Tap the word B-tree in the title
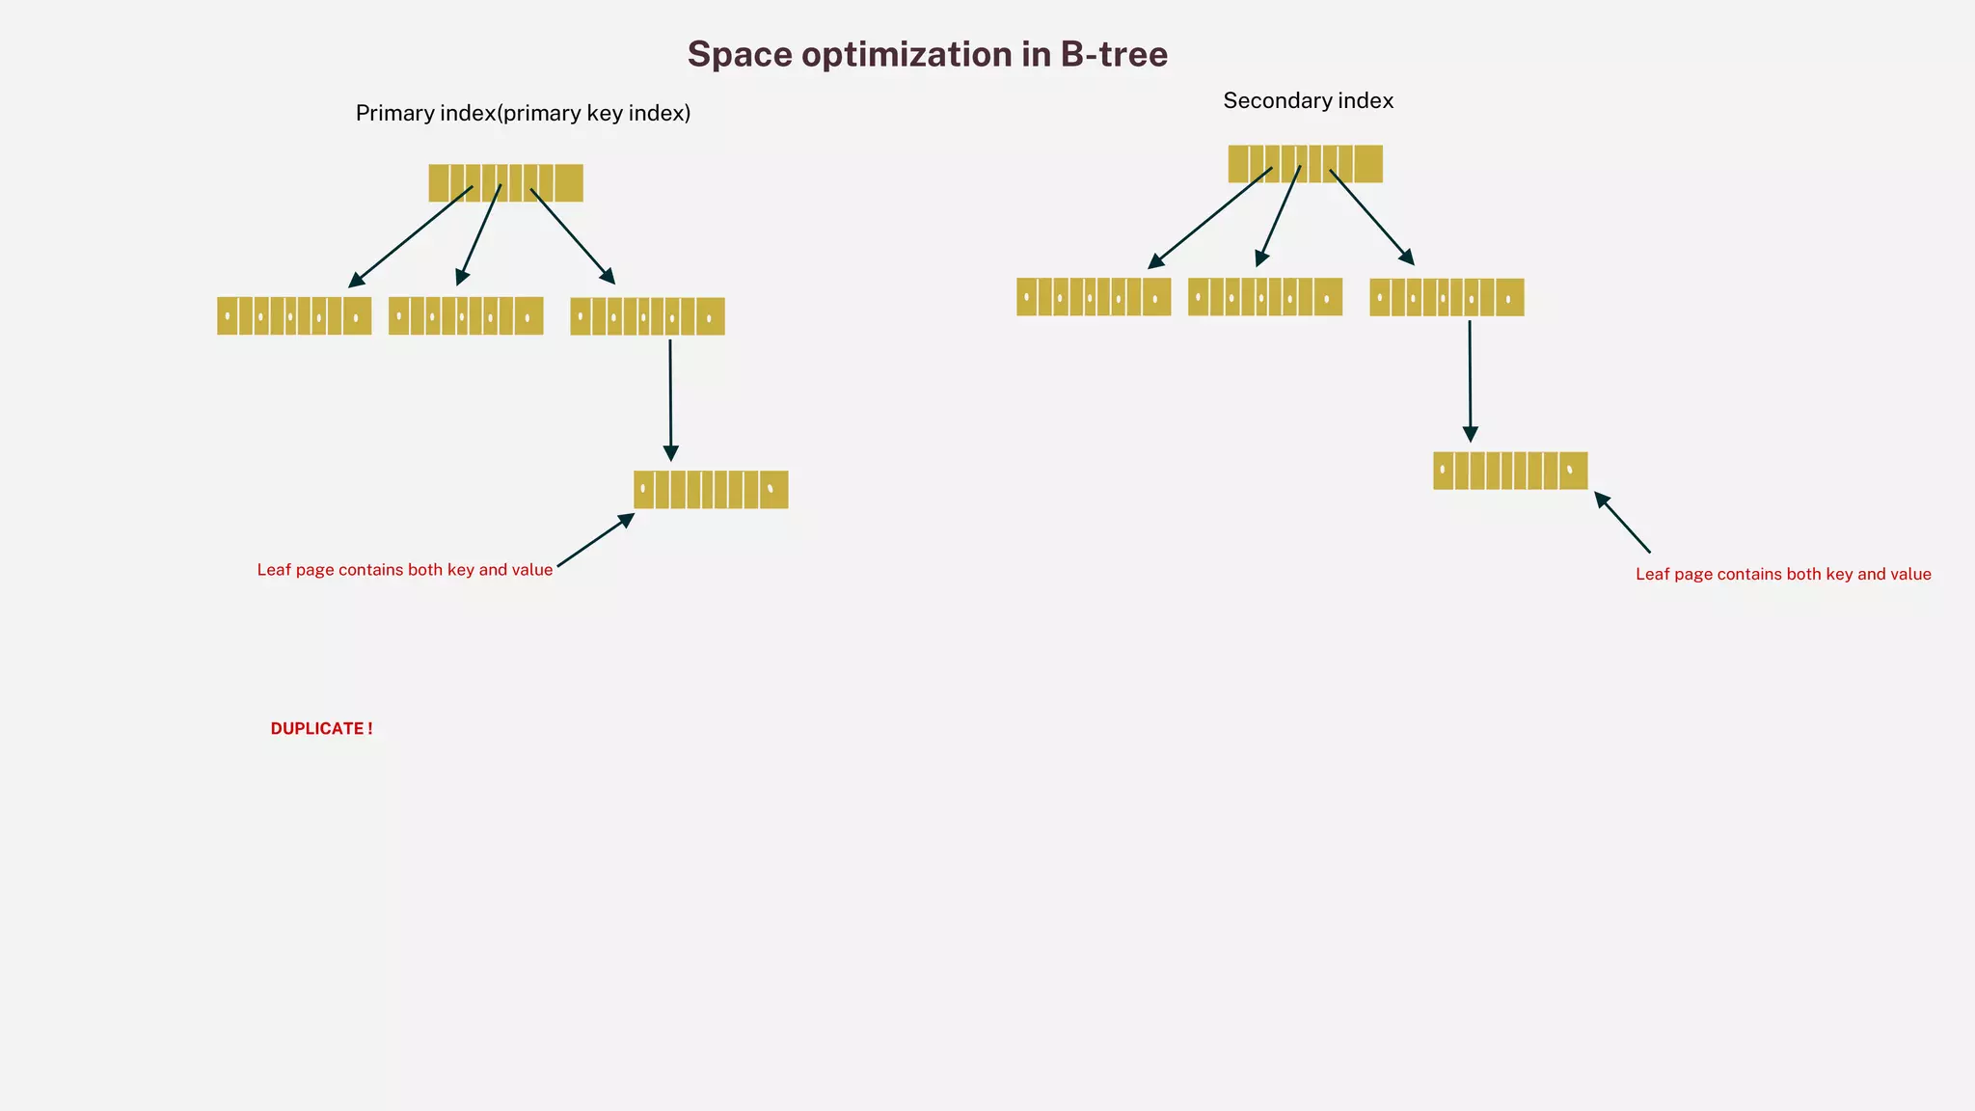click(1114, 54)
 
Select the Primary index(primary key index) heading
click(523, 113)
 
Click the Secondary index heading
click(1308, 100)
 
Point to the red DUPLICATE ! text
click(321, 728)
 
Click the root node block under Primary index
click(505, 182)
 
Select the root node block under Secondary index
click(1305, 163)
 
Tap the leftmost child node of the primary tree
click(294, 315)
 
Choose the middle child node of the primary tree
click(466, 315)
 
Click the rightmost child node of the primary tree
click(647, 315)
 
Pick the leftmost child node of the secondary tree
click(1094, 297)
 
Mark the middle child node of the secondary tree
click(1265, 297)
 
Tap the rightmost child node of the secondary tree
click(1447, 297)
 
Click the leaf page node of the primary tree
click(711, 489)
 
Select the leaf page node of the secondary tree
click(1510, 471)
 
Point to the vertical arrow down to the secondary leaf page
click(1470, 380)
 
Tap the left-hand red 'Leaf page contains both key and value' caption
click(404, 570)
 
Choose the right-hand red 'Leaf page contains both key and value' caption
click(1783, 574)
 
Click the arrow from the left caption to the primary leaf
click(595, 540)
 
